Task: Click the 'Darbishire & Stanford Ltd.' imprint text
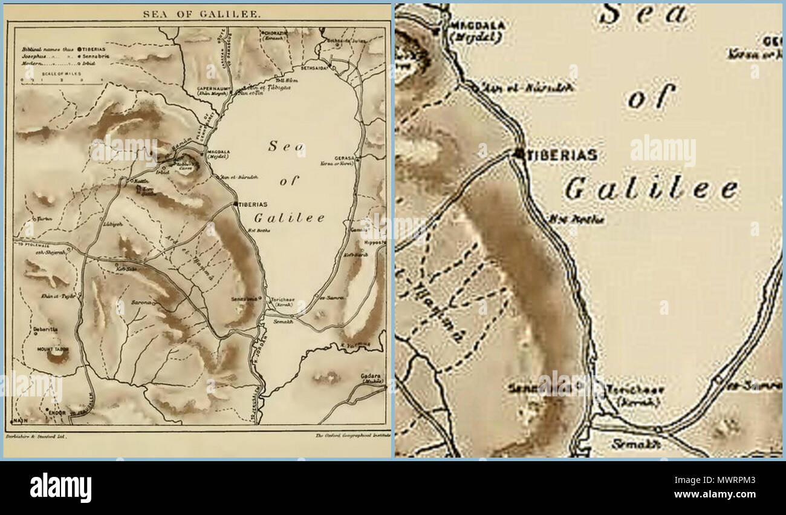(36, 436)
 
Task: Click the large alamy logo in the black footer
(61, 488)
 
